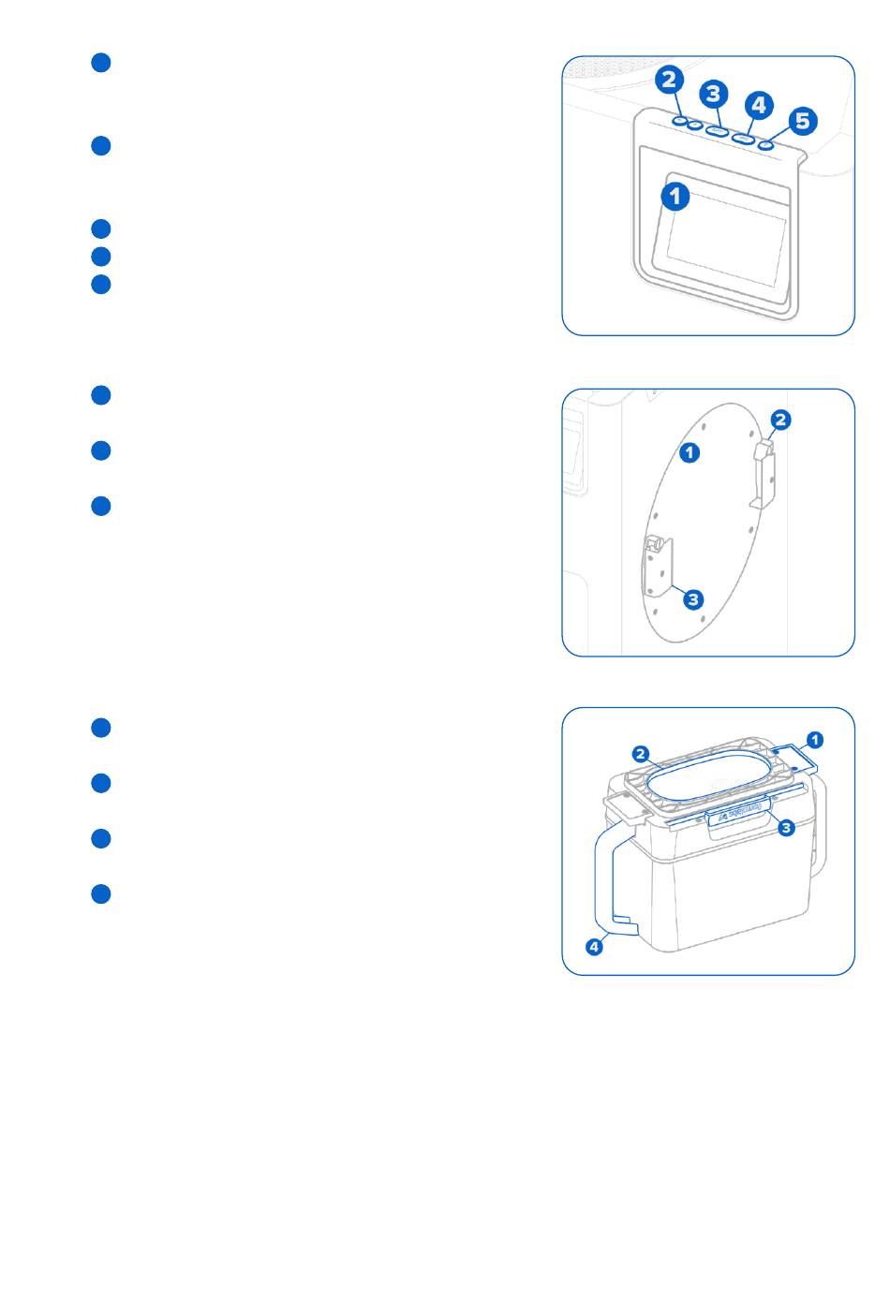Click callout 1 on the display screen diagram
click(675, 197)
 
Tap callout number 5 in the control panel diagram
click(803, 121)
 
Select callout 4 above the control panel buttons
click(759, 105)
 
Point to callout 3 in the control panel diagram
click(713, 94)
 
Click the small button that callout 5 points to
click(765, 145)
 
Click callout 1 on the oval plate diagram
click(690, 452)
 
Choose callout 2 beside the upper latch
click(780, 420)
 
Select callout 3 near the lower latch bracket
click(693, 599)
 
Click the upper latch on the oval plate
click(764, 475)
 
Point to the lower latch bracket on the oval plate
click(658, 567)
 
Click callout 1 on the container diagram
click(814, 741)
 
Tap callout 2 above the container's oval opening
click(641, 755)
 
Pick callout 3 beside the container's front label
click(786, 828)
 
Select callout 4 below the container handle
click(594, 947)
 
